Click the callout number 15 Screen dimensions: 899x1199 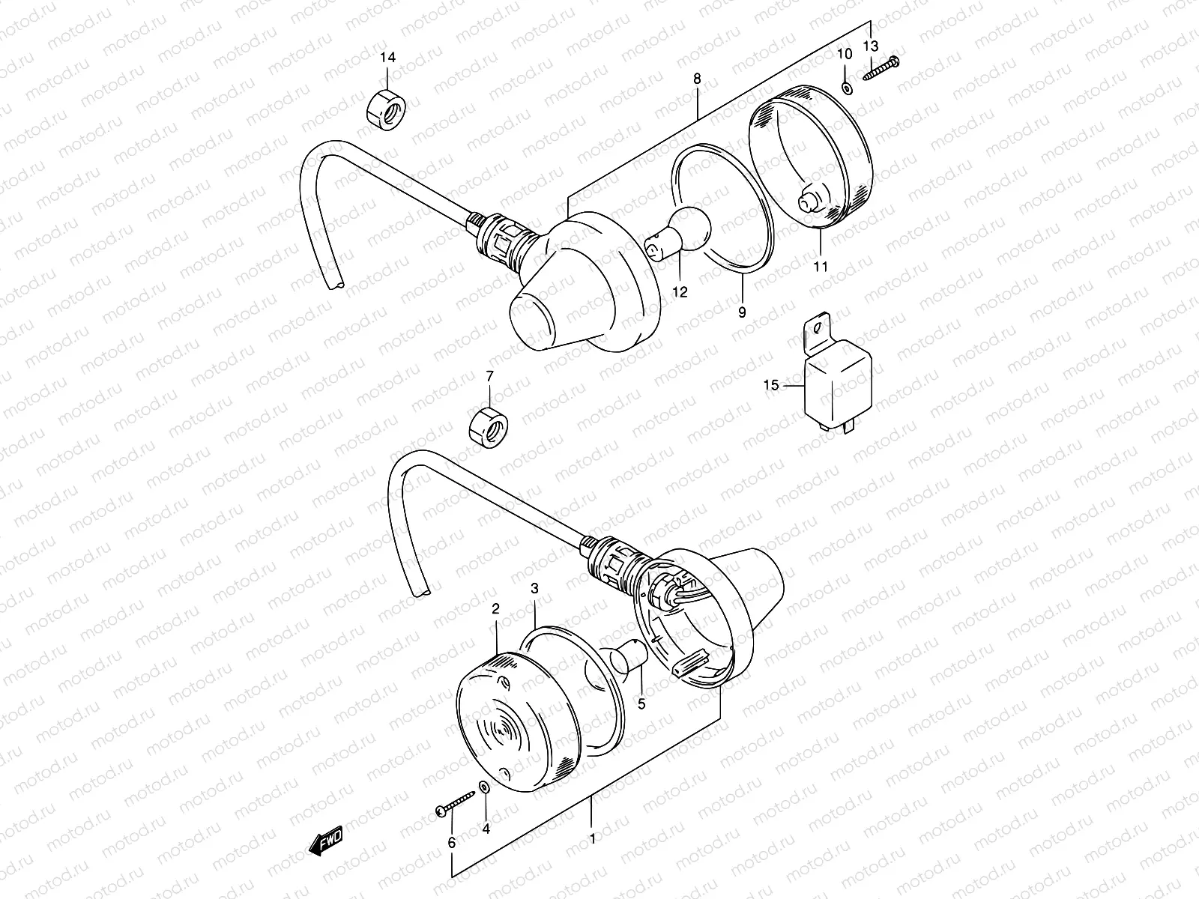click(771, 386)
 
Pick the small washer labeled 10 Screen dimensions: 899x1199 click(846, 88)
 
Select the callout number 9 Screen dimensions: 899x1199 click(742, 313)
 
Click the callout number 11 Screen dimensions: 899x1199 click(821, 266)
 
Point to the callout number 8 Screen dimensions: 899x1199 click(697, 77)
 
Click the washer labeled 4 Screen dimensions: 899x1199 click(484, 787)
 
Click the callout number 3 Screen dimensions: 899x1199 click(534, 589)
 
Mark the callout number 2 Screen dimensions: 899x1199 click(495, 610)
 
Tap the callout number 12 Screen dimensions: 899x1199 click(679, 293)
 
